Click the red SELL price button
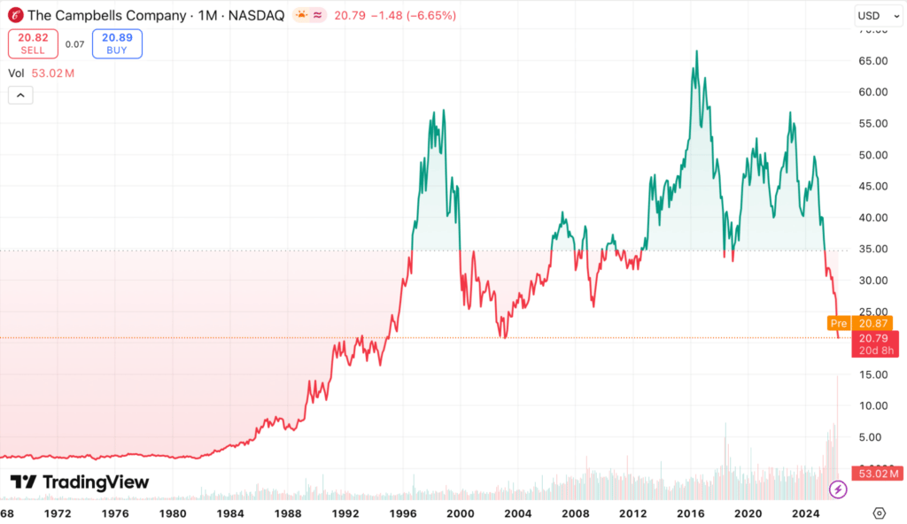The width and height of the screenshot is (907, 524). [x=34, y=44]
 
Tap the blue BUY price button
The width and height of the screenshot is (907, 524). [x=117, y=44]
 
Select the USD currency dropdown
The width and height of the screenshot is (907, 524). [x=877, y=16]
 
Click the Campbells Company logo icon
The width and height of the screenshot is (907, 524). [x=15, y=16]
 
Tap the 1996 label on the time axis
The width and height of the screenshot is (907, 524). [x=403, y=513]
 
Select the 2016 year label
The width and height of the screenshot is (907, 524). [x=691, y=513]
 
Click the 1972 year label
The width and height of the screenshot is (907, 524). [x=58, y=513]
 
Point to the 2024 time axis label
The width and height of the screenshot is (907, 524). [x=806, y=513]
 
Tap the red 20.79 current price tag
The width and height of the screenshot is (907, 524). [x=876, y=343]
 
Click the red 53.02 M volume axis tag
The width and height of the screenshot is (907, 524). [x=876, y=474]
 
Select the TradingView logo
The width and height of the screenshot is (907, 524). [x=80, y=482]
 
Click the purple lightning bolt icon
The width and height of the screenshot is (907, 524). [x=837, y=489]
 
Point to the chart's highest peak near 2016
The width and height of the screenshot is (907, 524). [x=697, y=51]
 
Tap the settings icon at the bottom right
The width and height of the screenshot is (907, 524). [x=879, y=513]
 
